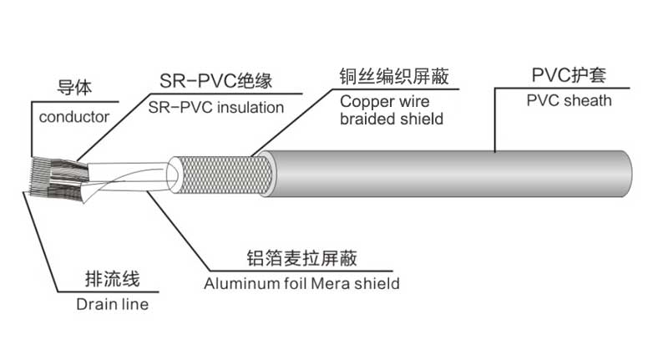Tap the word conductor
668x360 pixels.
pos(74,117)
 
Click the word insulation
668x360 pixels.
pos(245,107)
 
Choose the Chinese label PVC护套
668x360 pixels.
pos(568,76)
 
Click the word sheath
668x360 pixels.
pos(589,100)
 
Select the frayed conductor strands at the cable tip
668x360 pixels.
pos(46,178)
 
